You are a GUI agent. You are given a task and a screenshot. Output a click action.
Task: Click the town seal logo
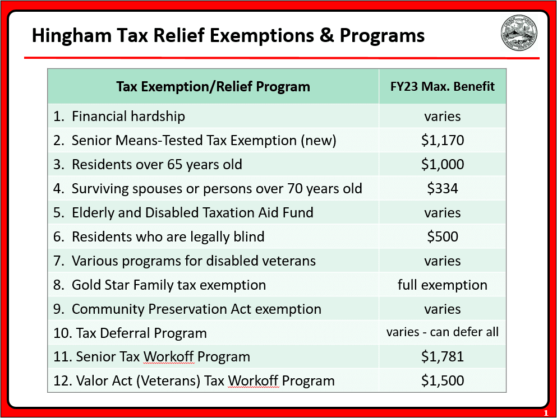(519, 33)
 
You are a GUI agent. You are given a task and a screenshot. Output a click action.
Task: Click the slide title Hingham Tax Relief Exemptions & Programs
(228, 36)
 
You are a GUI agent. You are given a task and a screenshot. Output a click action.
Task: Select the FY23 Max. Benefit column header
(443, 86)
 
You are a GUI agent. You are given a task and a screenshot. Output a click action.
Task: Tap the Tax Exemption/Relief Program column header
(213, 86)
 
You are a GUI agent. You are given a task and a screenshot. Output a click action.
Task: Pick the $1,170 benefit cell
(443, 140)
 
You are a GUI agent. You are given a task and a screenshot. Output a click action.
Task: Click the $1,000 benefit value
(443, 164)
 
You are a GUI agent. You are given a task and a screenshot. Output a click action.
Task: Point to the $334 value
(443, 188)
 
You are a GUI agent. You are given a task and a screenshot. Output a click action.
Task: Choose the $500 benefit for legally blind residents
(443, 236)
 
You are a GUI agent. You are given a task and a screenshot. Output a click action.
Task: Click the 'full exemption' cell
(443, 285)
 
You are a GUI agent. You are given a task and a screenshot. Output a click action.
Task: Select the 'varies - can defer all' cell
(443, 332)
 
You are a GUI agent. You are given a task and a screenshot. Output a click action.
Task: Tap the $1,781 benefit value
(443, 356)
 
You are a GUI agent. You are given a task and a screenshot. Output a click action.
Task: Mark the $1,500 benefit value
(443, 381)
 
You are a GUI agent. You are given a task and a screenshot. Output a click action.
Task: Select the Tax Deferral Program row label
(130, 333)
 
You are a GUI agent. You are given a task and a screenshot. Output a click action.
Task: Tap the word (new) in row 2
(318, 140)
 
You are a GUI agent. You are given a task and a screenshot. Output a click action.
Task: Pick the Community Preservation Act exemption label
(187, 309)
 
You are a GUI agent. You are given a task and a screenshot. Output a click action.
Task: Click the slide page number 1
(546, 413)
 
